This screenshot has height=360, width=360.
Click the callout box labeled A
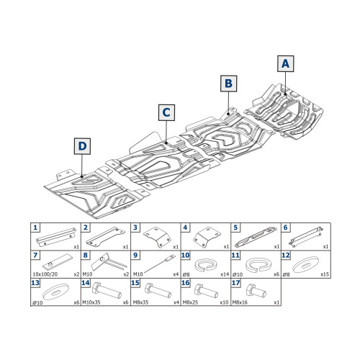[x=286, y=63]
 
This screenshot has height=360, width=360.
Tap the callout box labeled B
[x=229, y=84]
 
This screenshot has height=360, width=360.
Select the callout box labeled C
[x=166, y=112]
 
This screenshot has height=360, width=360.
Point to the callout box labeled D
[x=82, y=146]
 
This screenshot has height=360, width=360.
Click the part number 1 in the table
[x=35, y=228]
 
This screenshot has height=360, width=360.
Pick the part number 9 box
[x=135, y=255]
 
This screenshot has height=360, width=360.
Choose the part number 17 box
[x=235, y=283]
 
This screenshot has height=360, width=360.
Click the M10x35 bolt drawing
[x=107, y=290]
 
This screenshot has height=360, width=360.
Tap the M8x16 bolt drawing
[x=256, y=290]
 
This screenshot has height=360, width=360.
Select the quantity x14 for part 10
[x=225, y=274]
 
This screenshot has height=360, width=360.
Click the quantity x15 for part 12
[x=325, y=274]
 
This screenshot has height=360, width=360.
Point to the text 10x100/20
[x=45, y=274]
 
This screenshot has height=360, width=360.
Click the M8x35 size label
[x=140, y=302]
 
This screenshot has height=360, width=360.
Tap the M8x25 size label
[x=190, y=302]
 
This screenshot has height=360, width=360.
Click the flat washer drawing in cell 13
[x=55, y=292]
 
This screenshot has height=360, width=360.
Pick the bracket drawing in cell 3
[x=158, y=237]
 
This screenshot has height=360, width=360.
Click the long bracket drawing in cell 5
[x=256, y=236]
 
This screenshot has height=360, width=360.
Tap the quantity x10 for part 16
[x=224, y=302]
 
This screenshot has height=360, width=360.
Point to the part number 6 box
[x=286, y=228]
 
